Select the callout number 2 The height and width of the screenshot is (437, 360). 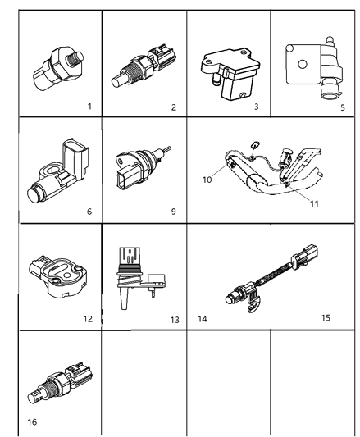click(x=173, y=107)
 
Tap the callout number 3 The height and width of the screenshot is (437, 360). click(x=256, y=107)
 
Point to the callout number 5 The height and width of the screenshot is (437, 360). click(x=342, y=107)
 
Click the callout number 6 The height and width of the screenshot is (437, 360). click(x=89, y=211)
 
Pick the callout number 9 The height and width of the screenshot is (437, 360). click(x=173, y=211)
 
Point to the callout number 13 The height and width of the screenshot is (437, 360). click(x=174, y=319)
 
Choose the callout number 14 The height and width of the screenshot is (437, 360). click(x=202, y=316)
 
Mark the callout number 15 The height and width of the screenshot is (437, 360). click(x=326, y=316)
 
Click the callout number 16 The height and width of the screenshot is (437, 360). click(x=31, y=423)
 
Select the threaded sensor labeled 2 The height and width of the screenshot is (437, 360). click(x=141, y=68)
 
